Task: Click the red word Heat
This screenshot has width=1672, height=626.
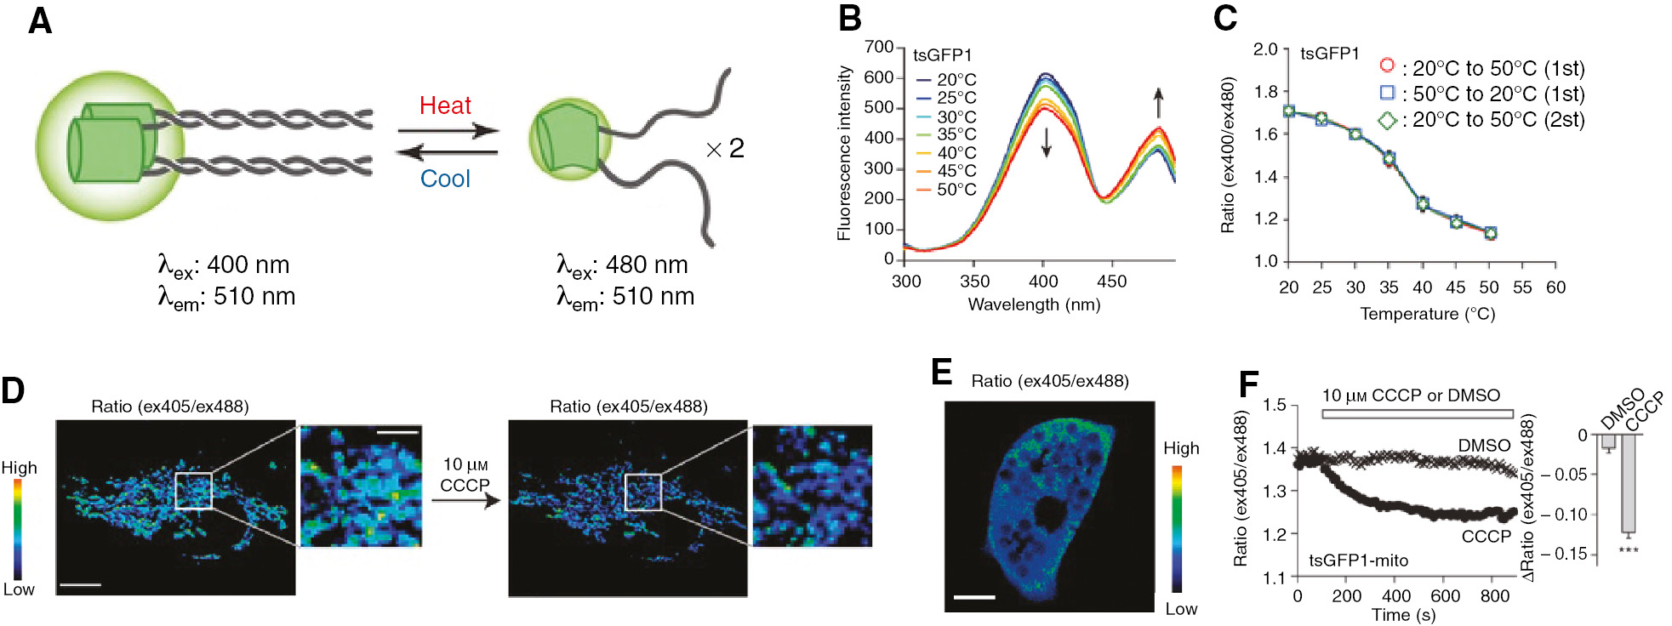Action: pos(445,105)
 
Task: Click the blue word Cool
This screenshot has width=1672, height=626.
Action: pos(445,179)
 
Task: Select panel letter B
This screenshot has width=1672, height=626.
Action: pos(849,19)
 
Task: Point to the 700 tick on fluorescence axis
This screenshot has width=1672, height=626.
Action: pos(879,47)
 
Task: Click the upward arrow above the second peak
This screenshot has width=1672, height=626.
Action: pos(1158,103)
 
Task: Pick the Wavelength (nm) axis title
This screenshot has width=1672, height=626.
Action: pos(1034,304)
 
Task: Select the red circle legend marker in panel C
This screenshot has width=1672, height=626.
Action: pos(1387,65)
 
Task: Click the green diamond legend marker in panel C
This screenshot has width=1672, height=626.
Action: pos(1387,120)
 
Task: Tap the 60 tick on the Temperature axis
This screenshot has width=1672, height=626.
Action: pos(1555,287)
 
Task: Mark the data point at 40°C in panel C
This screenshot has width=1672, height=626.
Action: pos(1423,203)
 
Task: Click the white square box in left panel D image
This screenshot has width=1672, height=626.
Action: pos(193,491)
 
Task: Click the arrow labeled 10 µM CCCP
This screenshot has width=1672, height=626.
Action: pos(465,500)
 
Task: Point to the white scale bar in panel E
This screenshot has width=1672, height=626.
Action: pos(974,597)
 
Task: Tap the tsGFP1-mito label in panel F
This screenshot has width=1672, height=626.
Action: pos(1358,561)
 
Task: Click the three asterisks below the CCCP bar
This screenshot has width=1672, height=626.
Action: pos(1629,550)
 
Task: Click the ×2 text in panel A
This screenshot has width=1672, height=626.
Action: pos(725,150)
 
